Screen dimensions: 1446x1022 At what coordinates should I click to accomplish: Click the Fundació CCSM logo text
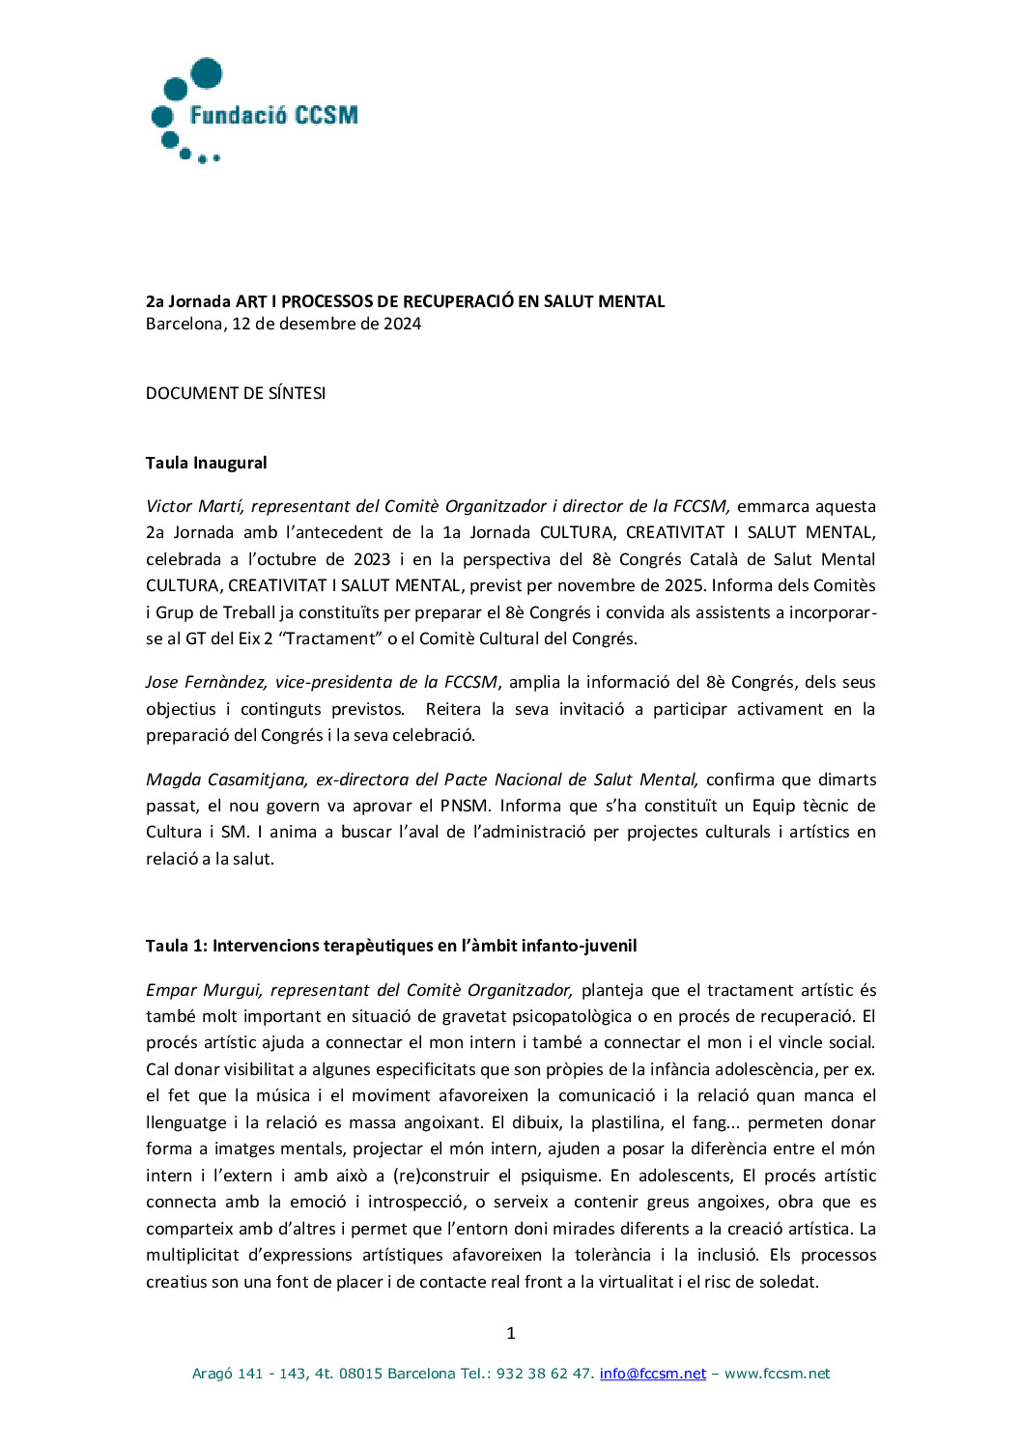273,116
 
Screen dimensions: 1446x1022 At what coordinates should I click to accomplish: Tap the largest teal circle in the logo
207,73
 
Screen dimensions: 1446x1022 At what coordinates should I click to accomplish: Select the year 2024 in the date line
402,324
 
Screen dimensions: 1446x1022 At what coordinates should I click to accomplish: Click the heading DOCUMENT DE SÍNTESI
236,393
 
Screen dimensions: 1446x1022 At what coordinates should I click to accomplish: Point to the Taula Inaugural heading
206,463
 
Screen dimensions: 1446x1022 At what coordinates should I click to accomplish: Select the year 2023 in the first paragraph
372,559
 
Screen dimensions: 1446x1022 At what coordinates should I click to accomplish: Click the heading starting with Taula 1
391,946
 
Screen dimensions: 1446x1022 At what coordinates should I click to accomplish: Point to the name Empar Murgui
203,990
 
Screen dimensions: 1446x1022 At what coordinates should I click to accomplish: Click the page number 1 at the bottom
511,1333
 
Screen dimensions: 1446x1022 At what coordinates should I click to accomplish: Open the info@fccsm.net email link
653,1374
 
